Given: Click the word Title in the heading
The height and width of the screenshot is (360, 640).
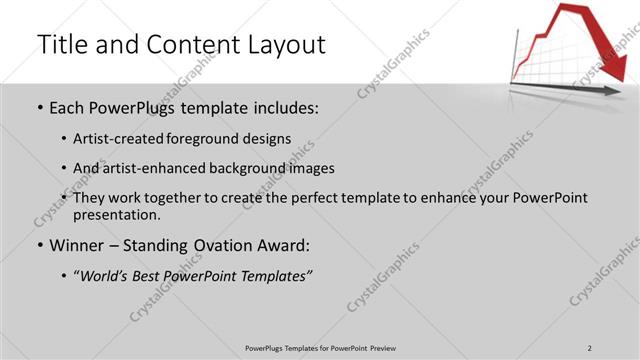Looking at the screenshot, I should click(x=61, y=44).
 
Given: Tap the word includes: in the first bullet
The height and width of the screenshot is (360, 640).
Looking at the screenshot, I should click(x=283, y=107).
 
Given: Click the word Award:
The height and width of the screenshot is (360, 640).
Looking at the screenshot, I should click(x=288, y=244).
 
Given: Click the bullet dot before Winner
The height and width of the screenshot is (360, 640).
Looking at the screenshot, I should click(x=39, y=245).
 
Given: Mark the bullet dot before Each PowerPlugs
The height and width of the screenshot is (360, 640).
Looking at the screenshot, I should click(x=39, y=108).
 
